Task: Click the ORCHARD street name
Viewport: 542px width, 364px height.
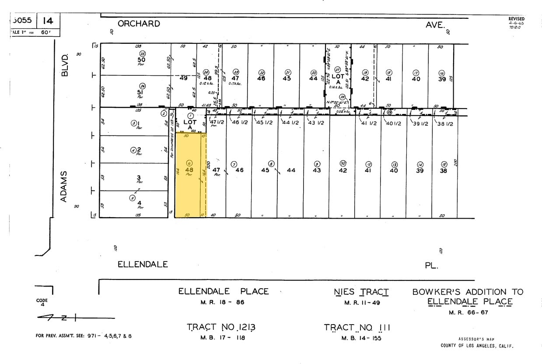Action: click(139, 24)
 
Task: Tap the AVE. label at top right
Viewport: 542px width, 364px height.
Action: click(435, 25)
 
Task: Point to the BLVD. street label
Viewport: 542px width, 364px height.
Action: click(66, 65)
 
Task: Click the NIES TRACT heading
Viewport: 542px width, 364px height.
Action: click(361, 292)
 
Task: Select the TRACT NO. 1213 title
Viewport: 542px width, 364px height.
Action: click(221, 327)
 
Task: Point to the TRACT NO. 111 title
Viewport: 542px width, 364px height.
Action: click(357, 327)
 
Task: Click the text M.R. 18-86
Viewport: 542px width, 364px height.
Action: click(223, 302)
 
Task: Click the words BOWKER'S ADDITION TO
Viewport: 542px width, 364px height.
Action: click(468, 292)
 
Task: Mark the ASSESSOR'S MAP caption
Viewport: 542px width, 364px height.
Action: click(476, 339)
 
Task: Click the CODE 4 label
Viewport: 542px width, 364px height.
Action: click(42, 302)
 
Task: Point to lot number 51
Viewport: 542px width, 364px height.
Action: click(141, 92)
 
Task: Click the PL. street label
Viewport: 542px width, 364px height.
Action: click(431, 265)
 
